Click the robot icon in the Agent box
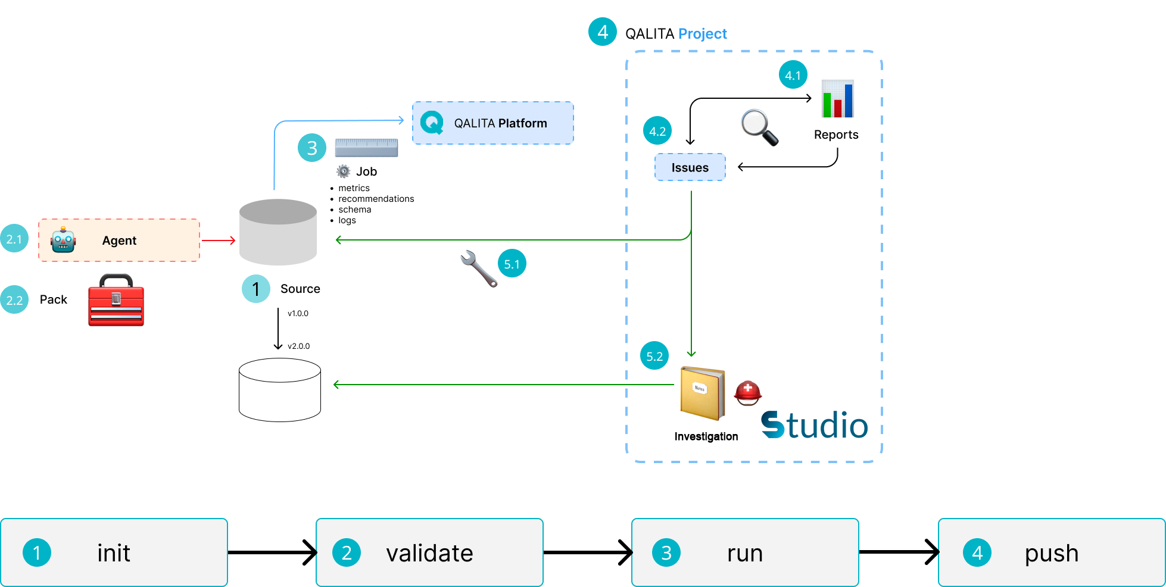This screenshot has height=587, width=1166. [63, 240]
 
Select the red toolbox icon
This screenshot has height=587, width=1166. [116, 300]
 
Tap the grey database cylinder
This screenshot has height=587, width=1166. [278, 232]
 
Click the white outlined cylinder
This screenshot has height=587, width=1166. [280, 389]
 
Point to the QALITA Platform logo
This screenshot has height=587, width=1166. [432, 123]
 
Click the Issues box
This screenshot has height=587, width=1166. [690, 167]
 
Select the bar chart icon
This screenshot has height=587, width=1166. [838, 99]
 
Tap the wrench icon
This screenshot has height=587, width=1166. [478, 268]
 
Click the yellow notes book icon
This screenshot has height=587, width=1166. [703, 392]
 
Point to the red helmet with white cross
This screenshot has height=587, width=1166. [748, 392]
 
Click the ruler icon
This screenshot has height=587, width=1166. [366, 148]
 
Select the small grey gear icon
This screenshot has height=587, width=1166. [344, 171]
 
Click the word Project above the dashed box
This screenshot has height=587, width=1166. [703, 34]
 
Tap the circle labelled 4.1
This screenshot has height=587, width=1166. [793, 75]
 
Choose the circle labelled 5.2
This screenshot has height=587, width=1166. [654, 356]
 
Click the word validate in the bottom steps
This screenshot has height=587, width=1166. [429, 553]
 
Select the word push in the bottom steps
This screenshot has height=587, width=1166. [1051, 553]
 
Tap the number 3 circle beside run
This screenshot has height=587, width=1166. [666, 553]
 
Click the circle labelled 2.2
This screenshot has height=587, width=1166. [14, 300]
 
